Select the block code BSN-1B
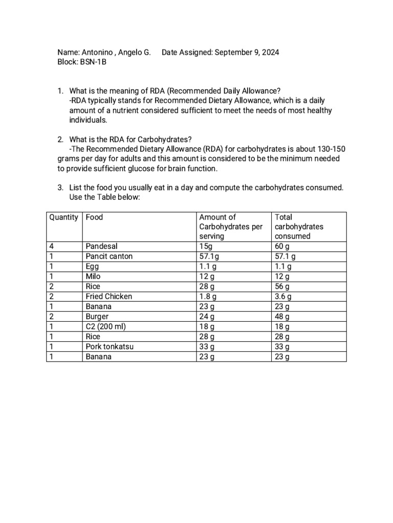point(93,62)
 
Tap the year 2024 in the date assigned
point(269,53)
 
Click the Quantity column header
point(64,217)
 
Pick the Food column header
point(94,217)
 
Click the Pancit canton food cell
point(109,256)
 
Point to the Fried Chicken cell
point(108,296)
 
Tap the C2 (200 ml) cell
point(106,327)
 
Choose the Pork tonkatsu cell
point(110,347)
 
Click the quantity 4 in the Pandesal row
point(52,246)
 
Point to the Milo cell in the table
point(94,276)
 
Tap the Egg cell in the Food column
point(93,267)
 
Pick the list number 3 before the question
point(60,188)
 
